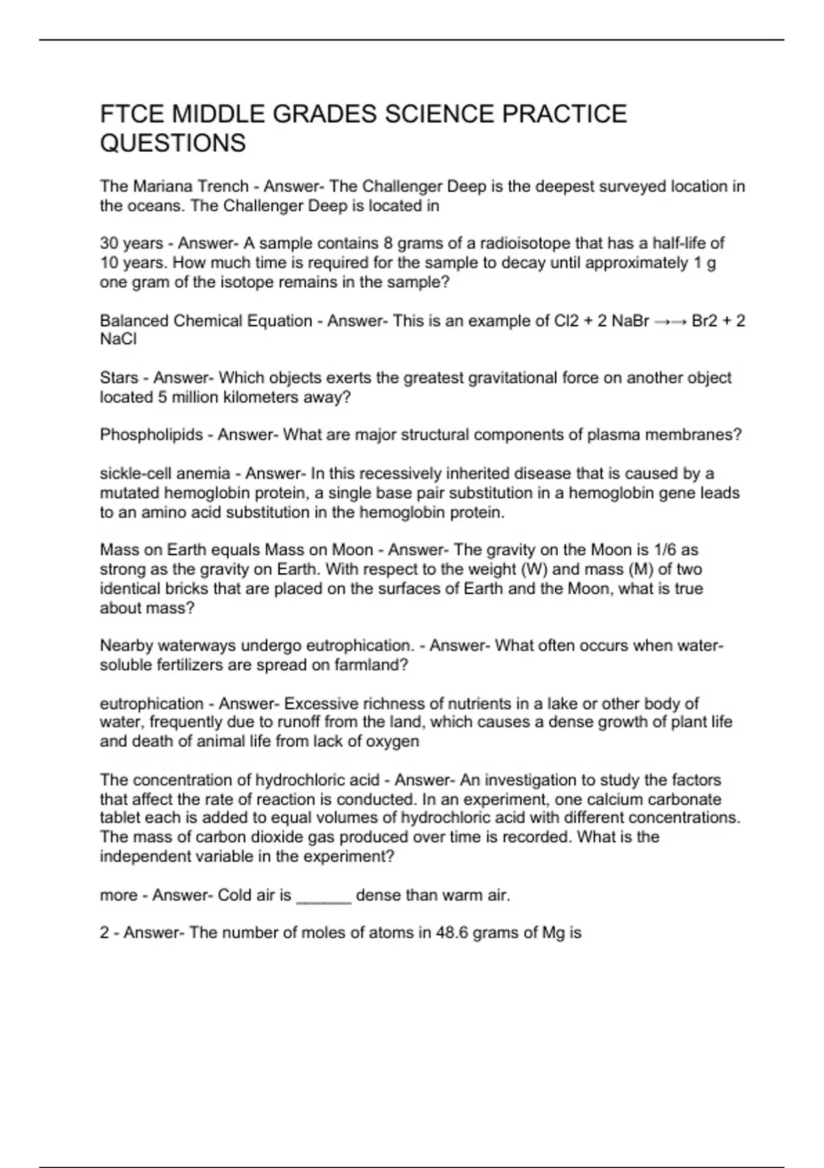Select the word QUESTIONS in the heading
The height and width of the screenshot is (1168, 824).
click(x=172, y=144)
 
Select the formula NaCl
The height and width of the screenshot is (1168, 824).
click(x=118, y=339)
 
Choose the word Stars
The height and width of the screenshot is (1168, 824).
click(x=119, y=378)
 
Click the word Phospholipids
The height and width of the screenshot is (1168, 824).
click(x=151, y=435)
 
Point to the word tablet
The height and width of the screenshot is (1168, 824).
click(x=119, y=818)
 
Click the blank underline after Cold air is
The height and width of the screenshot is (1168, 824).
click(x=323, y=896)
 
